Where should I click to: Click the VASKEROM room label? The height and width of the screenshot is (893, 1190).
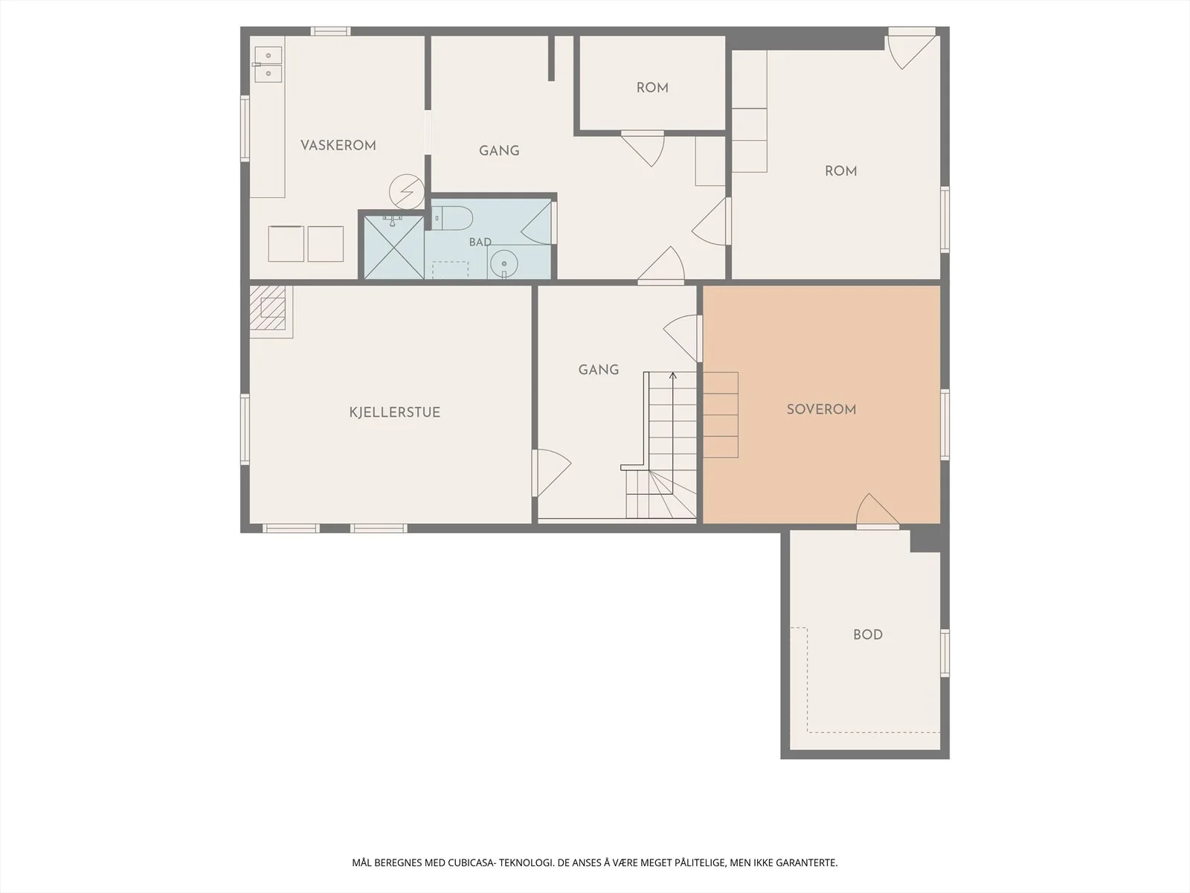point(338,145)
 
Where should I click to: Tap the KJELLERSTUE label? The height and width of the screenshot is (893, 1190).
point(395,412)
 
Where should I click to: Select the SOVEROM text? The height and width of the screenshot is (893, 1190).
point(821,409)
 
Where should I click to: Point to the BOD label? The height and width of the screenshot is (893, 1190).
point(868,634)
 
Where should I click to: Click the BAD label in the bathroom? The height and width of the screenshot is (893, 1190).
point(480,243)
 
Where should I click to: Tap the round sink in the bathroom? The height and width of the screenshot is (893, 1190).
point(504,264)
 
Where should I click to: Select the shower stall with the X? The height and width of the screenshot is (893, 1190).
point(393,247)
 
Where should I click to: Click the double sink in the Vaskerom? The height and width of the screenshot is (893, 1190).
point(268,64)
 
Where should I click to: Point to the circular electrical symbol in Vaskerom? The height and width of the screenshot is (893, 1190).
point(407,191)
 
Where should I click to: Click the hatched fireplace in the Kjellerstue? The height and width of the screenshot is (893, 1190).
point(268,308)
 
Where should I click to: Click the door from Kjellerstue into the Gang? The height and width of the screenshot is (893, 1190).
point(551,473)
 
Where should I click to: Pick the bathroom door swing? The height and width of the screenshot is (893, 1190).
point(537,223)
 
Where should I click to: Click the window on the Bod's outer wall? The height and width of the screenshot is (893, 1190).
point(945,653)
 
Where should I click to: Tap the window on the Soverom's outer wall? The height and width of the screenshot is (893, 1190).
point(945,425)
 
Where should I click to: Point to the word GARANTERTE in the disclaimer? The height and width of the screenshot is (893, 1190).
point(807,862)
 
